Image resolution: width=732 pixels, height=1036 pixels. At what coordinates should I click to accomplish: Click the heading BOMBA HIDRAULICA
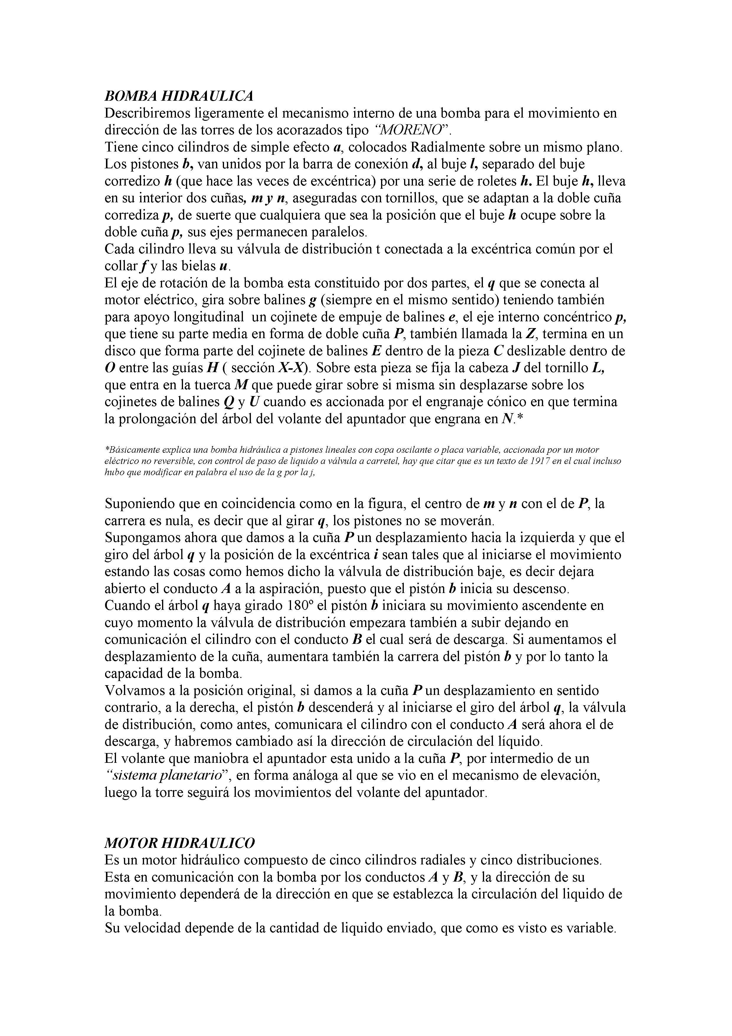[x=179, y=96]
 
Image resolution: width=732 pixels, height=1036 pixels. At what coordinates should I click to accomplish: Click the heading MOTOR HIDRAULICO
[x=179, y=843]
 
